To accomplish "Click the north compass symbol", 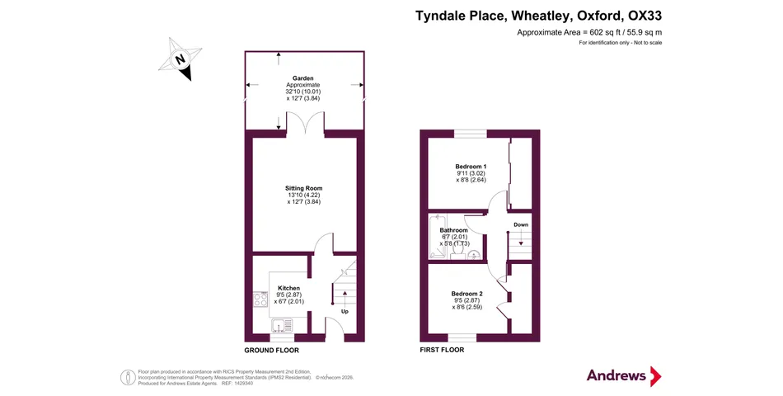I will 181,59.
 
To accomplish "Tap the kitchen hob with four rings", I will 259,299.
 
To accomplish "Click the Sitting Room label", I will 303,188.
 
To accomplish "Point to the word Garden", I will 302,78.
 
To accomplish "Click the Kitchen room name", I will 288,288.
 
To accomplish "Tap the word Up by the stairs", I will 345,311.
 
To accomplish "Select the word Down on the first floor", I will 521,224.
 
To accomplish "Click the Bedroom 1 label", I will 471,167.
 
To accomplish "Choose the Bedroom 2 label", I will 467,294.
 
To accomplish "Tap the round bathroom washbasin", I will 473,255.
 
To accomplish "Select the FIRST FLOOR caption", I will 442,350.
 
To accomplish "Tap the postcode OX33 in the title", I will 645,15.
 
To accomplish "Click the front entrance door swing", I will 335,328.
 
